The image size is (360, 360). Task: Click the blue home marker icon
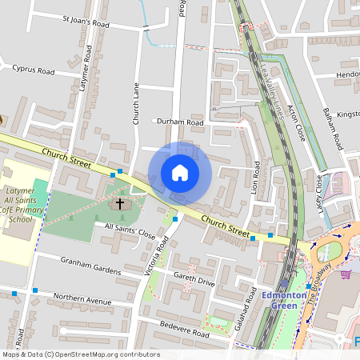coord(180,173)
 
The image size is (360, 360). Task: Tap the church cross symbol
coord(121,204)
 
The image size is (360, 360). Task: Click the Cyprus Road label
coord(33,70)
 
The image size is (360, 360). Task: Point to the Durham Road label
coord(179,122)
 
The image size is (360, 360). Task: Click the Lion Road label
coord(256,178)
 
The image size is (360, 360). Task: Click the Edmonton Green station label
coord(284,301)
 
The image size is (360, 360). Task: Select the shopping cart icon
coord(346,274)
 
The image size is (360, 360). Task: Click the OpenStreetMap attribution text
coord(80,354)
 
